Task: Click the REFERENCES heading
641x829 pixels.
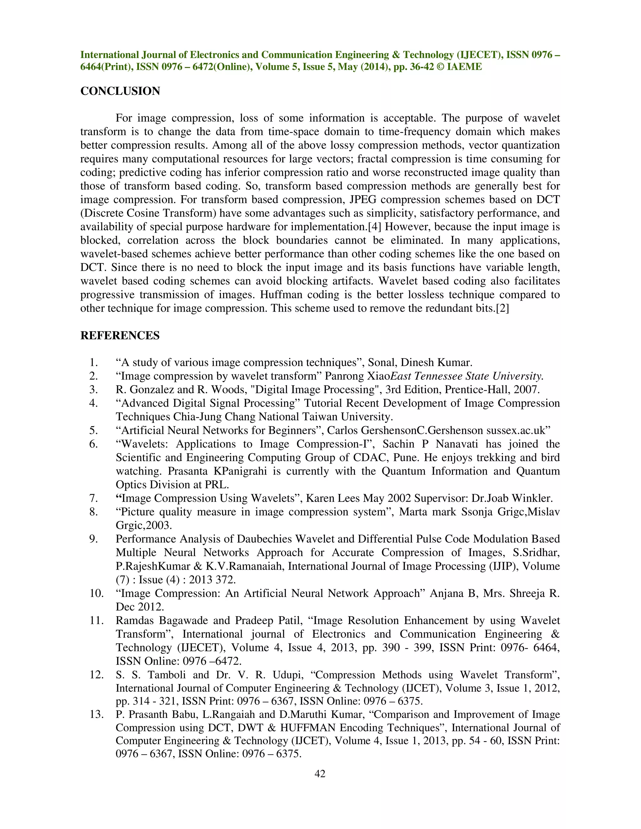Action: point(120,336)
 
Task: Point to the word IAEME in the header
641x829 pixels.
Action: point(464,67)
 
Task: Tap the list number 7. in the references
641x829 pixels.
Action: point(93,498)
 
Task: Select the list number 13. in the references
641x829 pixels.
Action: point(96,715)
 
